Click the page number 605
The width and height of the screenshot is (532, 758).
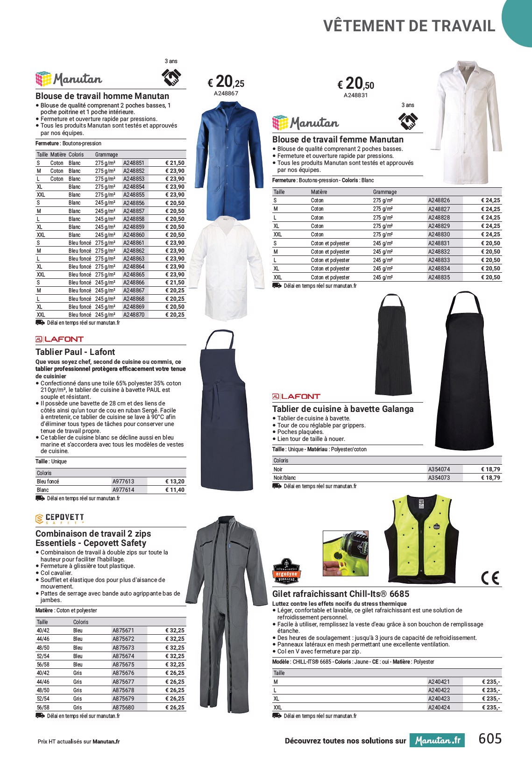[490, 738]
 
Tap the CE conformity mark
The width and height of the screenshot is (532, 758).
[490, 578]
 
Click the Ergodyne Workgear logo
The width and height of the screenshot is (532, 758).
[286, 571]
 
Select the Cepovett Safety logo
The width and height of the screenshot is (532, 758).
[60, 518]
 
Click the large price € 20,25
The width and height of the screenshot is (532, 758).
[226, 83]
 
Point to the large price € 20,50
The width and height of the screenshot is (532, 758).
[356, 84]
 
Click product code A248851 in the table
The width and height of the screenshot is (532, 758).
[134, 163]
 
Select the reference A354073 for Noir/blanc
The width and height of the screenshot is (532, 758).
[439, 478]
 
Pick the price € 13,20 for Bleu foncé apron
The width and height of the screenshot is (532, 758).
[175, 482]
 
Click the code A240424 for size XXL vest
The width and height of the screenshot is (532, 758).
[439, 707]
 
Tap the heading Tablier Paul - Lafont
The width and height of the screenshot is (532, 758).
[75, 352]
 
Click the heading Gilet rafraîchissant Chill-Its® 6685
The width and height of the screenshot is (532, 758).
[340, 594]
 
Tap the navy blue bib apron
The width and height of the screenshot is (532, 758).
[221, 411]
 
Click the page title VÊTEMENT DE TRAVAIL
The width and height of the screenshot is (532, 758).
[409, 26]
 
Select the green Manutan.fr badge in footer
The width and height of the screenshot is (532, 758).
[438, 740]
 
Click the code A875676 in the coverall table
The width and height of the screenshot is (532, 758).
[123, 673]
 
